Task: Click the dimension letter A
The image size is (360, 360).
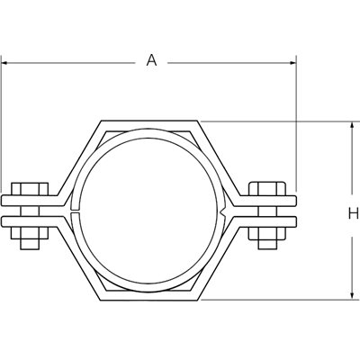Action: (152, 60)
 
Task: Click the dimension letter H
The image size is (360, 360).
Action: (353, 213)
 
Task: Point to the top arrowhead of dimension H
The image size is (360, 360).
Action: (351, 125)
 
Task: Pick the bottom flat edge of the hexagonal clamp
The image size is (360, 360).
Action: (149, 298)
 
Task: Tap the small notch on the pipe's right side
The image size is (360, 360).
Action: (223, 212)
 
